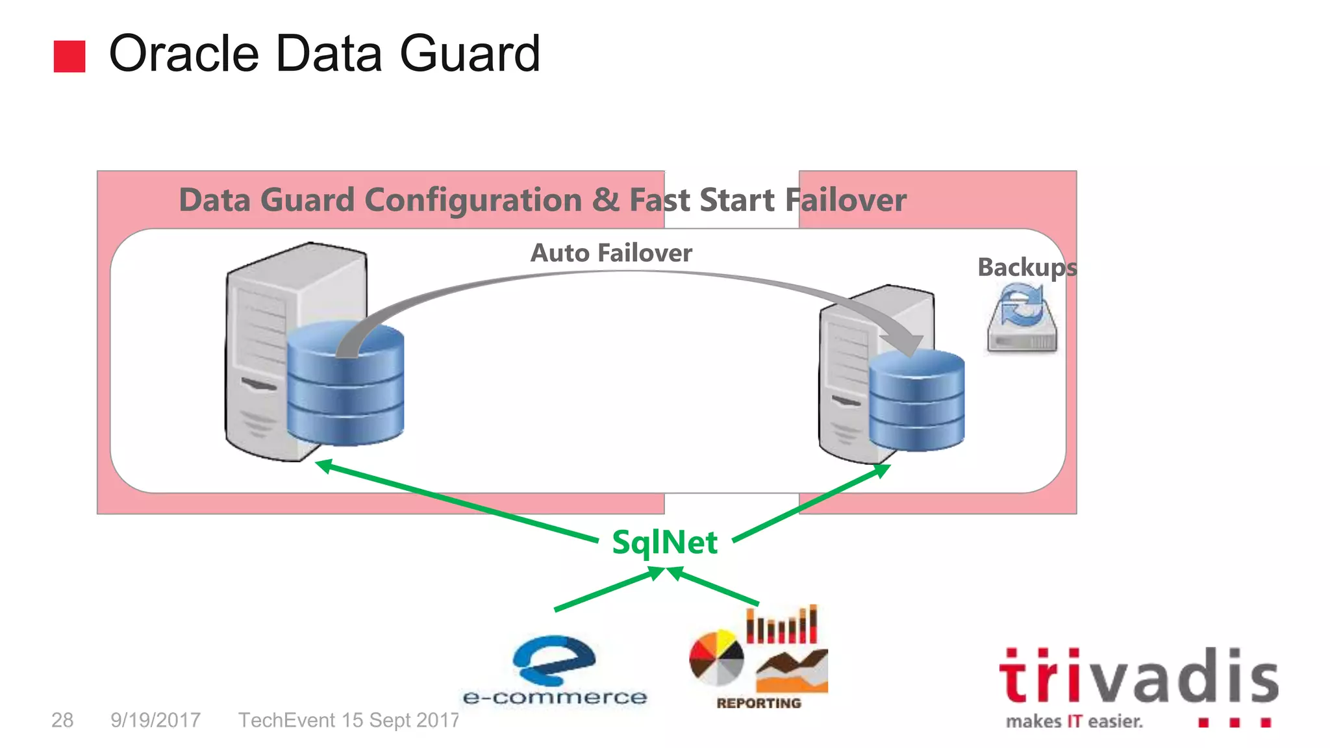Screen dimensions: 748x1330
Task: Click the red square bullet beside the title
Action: point(69,56)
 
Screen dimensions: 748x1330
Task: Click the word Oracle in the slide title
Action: point(184,54)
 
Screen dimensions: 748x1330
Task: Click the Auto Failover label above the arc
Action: point(611,253)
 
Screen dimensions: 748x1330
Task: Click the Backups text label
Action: point(1026,268)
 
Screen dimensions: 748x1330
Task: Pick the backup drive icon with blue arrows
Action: point(1022,320)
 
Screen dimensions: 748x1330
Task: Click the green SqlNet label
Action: point(664,542)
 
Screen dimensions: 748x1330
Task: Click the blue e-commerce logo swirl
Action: point(553,659)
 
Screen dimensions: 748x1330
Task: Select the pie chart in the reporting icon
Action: point(716,658)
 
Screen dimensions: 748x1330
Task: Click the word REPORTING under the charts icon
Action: point(759,703)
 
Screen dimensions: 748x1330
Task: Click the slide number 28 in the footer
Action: point(62,720)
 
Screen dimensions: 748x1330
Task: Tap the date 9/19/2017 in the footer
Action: point(155,720)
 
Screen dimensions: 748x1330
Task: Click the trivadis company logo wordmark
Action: point(1138,677)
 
